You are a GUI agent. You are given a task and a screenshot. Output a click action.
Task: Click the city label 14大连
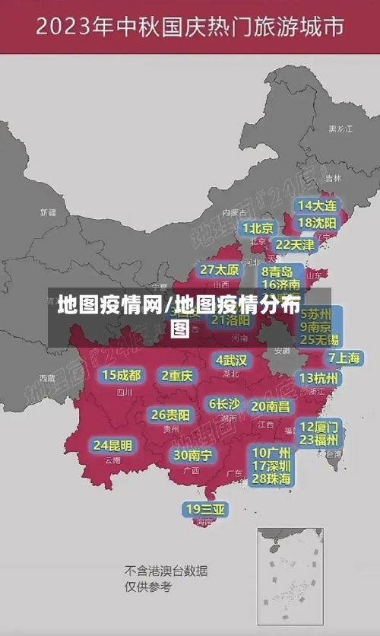click(x=318, y=205)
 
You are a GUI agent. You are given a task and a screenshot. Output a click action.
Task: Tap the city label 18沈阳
click(x=318, y=223)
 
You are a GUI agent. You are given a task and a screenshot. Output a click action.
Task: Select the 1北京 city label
click(x=258, y=228)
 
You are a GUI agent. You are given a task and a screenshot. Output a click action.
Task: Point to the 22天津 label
click(x=294, y=245)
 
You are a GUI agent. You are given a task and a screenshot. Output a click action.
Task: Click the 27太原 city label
click(x=220, y=269)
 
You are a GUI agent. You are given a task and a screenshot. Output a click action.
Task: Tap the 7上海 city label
click(x=344, y=358)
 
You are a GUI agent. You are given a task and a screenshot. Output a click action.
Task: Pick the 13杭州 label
click(x=319, y=378)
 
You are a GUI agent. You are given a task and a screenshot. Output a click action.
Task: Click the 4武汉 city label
click(x=231, y=359)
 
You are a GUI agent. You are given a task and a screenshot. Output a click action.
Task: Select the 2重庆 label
click(x=176, y=375)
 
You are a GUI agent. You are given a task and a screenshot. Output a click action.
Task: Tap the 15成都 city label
click(x=122, y=374)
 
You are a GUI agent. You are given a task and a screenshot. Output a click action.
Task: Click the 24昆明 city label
click(x=112, y=445)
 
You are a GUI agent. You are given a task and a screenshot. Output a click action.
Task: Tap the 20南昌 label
click(x=271, y=406)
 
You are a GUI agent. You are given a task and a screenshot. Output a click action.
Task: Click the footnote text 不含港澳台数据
click(x=166, y=571)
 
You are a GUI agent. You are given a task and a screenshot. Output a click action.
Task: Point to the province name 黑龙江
click(x=340, y=129)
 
